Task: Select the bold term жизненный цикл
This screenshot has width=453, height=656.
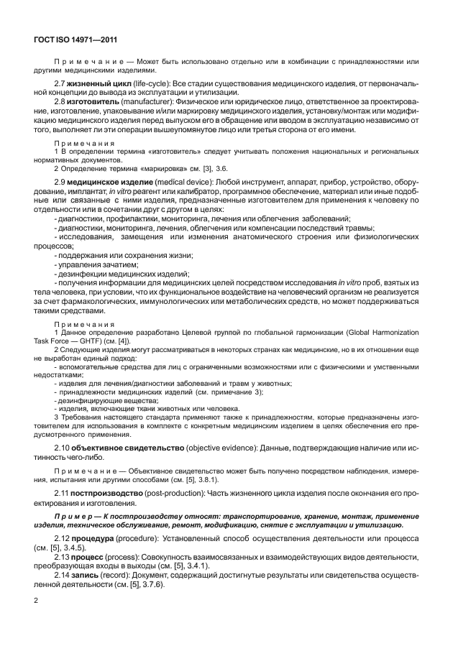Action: (x=97, y=85)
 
